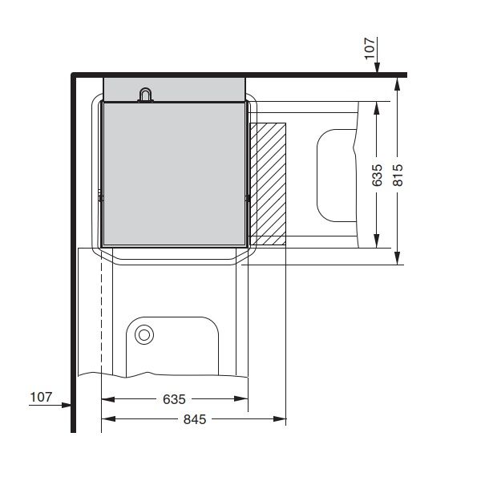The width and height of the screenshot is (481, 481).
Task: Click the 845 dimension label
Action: point(195,419)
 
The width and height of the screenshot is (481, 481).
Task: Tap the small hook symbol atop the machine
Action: point(145,95)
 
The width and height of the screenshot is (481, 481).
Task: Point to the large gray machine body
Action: point(172,172)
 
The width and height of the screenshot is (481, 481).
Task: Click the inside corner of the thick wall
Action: point(75,78)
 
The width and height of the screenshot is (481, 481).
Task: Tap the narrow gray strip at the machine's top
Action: point(173,87)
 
